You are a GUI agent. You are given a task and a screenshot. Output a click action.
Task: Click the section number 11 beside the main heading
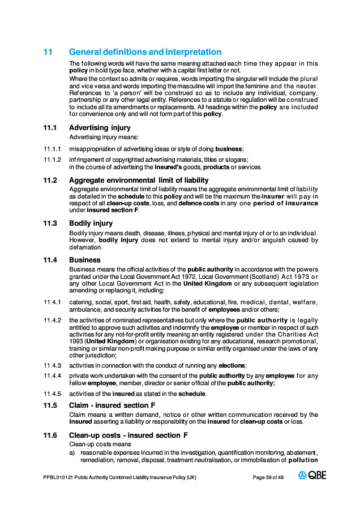48,51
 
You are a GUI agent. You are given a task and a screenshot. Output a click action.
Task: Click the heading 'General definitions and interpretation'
145,51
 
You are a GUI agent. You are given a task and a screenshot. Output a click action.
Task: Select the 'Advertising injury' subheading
100,128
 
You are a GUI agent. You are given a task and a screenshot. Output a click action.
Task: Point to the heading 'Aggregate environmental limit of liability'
139,180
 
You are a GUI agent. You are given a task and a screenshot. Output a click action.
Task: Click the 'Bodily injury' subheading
91,223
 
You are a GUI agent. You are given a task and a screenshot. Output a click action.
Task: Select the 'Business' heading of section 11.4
85,260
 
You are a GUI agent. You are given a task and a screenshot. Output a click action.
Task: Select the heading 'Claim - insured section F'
112,406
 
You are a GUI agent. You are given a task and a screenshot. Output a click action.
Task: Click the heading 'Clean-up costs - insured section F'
128,435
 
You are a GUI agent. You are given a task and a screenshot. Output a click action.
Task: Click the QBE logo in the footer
312,476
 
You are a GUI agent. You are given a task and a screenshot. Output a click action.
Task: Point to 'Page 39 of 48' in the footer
268,477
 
